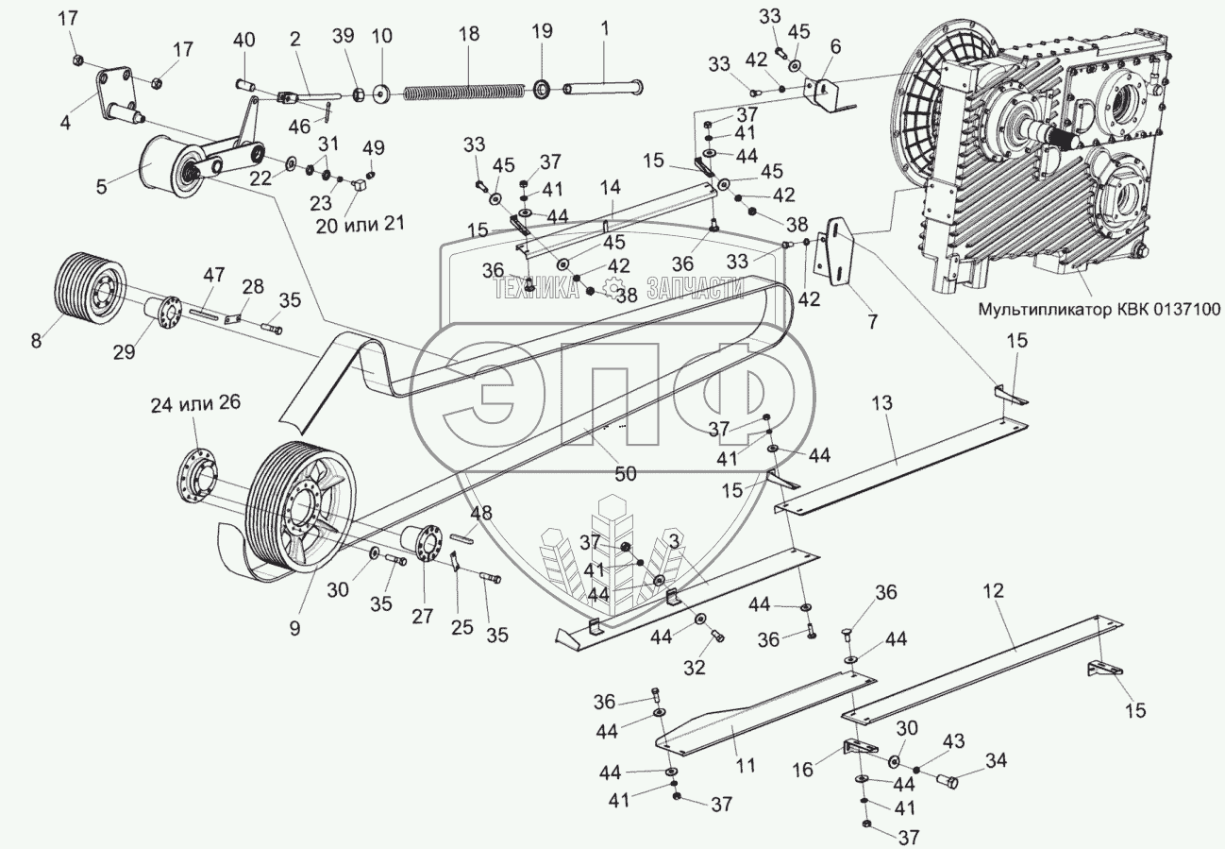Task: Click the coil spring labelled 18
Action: (463, 92)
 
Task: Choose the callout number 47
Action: (213, 275)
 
